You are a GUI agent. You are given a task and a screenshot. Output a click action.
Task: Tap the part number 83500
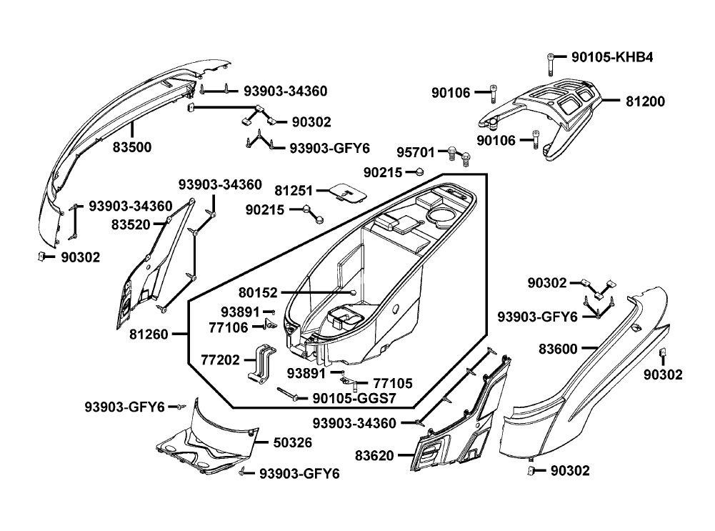(131, 148)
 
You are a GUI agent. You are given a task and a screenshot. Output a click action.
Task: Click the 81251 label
(294, 192)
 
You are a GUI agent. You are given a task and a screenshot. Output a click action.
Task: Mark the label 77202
(220, 361)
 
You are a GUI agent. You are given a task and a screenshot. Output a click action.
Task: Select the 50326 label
(293, 443)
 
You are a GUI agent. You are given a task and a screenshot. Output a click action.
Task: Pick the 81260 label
(151, 334)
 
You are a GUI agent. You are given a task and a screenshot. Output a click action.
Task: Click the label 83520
(131, 224)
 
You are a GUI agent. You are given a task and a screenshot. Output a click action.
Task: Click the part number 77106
(229, 328)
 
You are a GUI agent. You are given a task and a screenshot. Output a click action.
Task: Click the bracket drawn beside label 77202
(262, 362)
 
